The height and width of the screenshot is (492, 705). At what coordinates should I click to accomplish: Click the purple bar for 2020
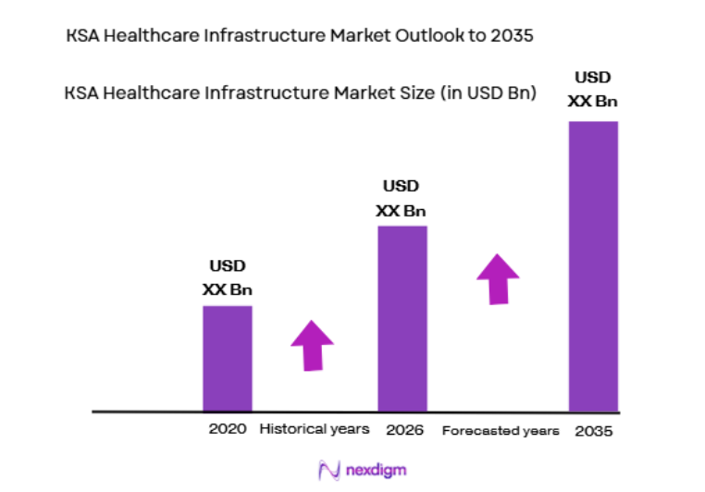[228, 358]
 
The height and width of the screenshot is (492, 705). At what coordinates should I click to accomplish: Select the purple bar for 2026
[402, 317]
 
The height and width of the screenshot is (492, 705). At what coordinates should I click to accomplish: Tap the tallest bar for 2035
[593, 265]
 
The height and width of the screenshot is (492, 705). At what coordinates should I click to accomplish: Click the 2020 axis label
[228, 429]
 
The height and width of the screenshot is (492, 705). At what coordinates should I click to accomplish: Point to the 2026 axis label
[403, 429]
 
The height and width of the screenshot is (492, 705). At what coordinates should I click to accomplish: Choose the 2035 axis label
[593, 431]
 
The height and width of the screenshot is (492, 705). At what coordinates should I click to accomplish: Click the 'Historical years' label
[315, 429]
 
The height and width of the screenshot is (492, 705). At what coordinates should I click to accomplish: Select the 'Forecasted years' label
[501, 431]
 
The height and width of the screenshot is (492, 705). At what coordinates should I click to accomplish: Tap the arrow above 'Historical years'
[312, 346]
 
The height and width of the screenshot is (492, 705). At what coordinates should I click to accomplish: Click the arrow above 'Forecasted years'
[498, 278]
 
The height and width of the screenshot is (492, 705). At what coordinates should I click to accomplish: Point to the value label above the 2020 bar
[228, 278]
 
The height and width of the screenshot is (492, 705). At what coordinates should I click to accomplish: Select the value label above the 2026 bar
[402, 199]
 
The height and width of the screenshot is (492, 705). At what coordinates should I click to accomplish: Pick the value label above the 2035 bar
[593, 90]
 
